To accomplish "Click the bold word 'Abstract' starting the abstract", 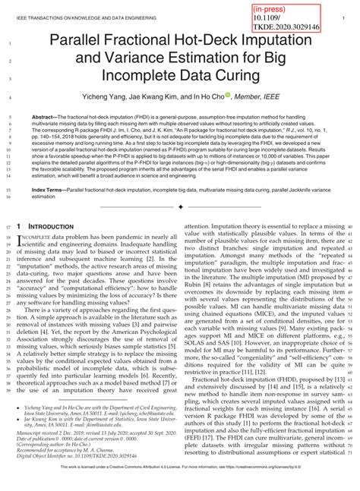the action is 44,118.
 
